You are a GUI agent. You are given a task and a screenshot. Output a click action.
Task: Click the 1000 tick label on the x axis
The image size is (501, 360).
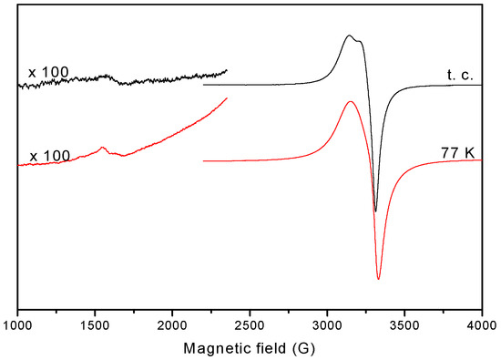point(18,325)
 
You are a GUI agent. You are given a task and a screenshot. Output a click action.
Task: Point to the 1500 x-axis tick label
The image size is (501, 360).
point(96,325)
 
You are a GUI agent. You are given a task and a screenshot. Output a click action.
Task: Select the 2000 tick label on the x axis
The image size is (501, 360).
point(173,325)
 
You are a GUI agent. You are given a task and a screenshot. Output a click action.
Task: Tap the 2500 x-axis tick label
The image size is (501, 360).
point(250,325)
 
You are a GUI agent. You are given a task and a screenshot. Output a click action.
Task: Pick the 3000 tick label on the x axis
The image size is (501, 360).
point(327,325)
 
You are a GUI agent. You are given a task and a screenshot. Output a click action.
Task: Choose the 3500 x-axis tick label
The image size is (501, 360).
point(404,325)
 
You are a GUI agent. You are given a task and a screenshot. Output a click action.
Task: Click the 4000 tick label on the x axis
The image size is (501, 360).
point(480,325)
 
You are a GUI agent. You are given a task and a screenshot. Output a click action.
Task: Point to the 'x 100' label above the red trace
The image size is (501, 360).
point(47,157)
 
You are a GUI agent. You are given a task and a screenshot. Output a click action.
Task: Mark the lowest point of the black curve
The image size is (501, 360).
point(375,211)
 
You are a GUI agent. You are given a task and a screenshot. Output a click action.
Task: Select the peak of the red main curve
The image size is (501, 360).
point(350,101)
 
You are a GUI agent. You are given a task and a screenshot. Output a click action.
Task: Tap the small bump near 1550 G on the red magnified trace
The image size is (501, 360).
point(103,148)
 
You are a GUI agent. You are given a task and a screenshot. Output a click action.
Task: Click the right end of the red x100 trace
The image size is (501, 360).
point(226,98)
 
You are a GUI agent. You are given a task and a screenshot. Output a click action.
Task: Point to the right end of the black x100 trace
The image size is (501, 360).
point(226,69)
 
